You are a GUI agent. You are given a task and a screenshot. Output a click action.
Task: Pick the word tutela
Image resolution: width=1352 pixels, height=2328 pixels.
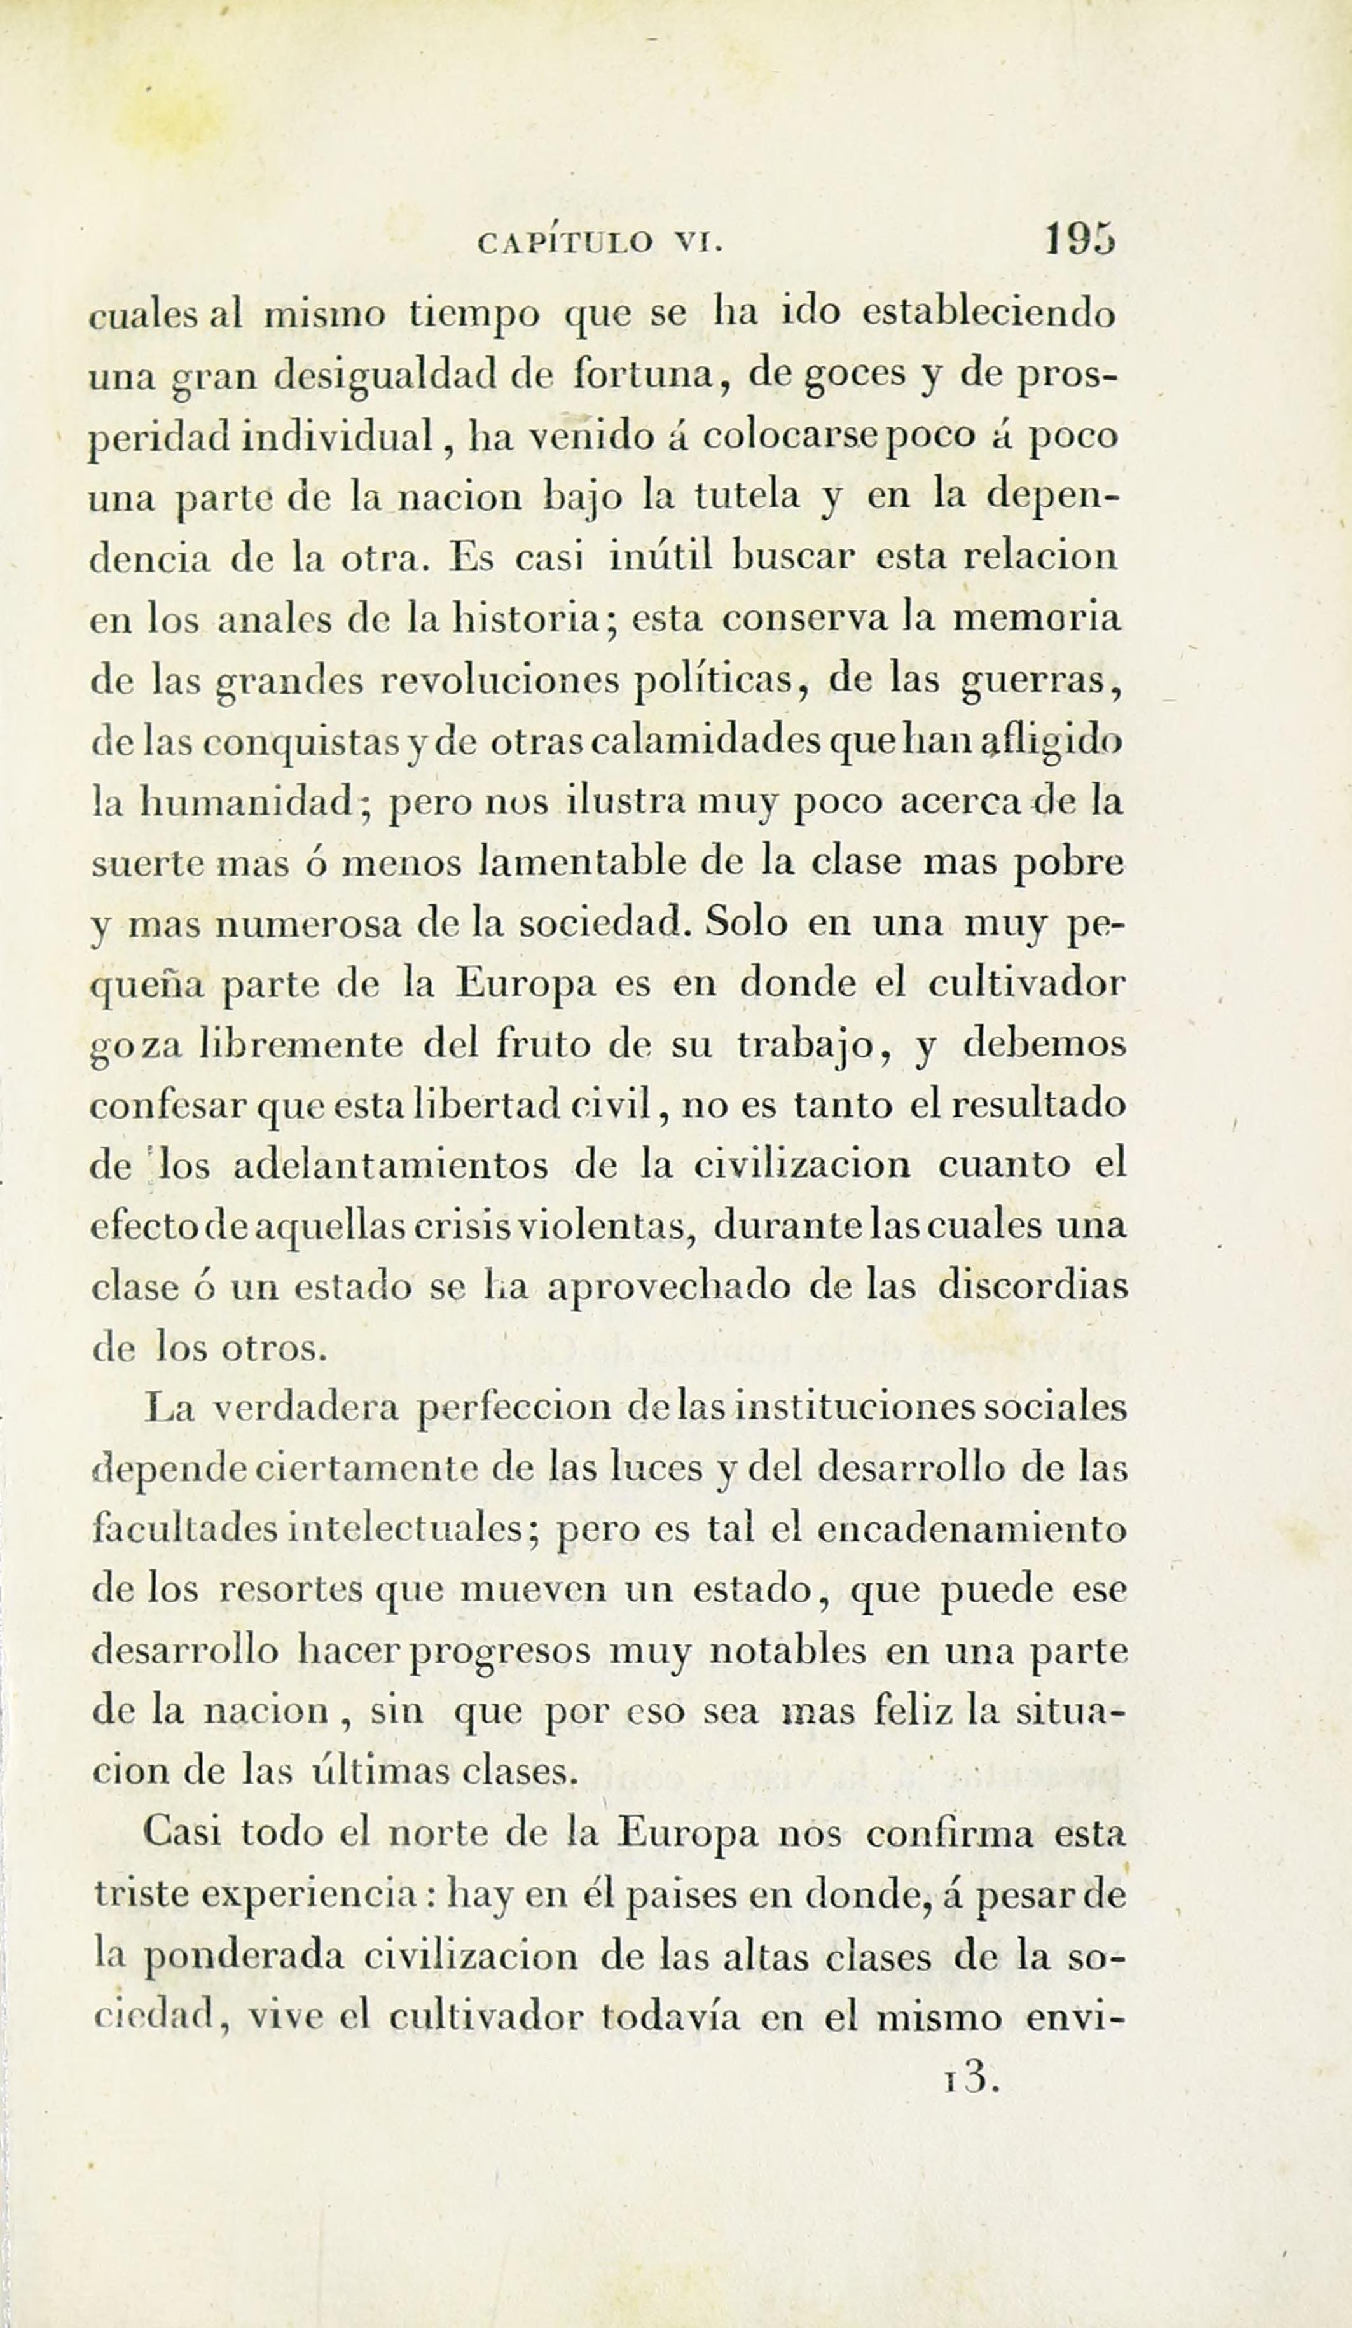pyautogui.click(x=747, y=497)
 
